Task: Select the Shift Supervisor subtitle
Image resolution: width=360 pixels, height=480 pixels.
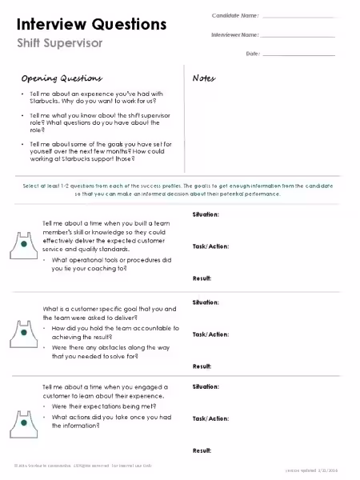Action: (x=59, y=42)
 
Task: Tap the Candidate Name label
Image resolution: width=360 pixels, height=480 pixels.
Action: (x=235, y=15)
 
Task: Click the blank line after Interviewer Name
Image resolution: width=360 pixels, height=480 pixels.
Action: (x=298, y=35)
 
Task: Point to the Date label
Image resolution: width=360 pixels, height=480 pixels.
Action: (x=253, y=54)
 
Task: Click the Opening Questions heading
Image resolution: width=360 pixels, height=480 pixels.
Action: (x=62, y=78)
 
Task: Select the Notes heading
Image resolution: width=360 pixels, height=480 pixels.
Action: (x=205, y=78)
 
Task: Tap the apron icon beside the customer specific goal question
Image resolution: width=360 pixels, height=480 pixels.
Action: (x=24, y=331)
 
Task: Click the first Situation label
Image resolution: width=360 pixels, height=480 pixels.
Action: (x=206, y=215)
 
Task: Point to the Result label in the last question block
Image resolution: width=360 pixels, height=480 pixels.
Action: (x=202, y=450)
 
